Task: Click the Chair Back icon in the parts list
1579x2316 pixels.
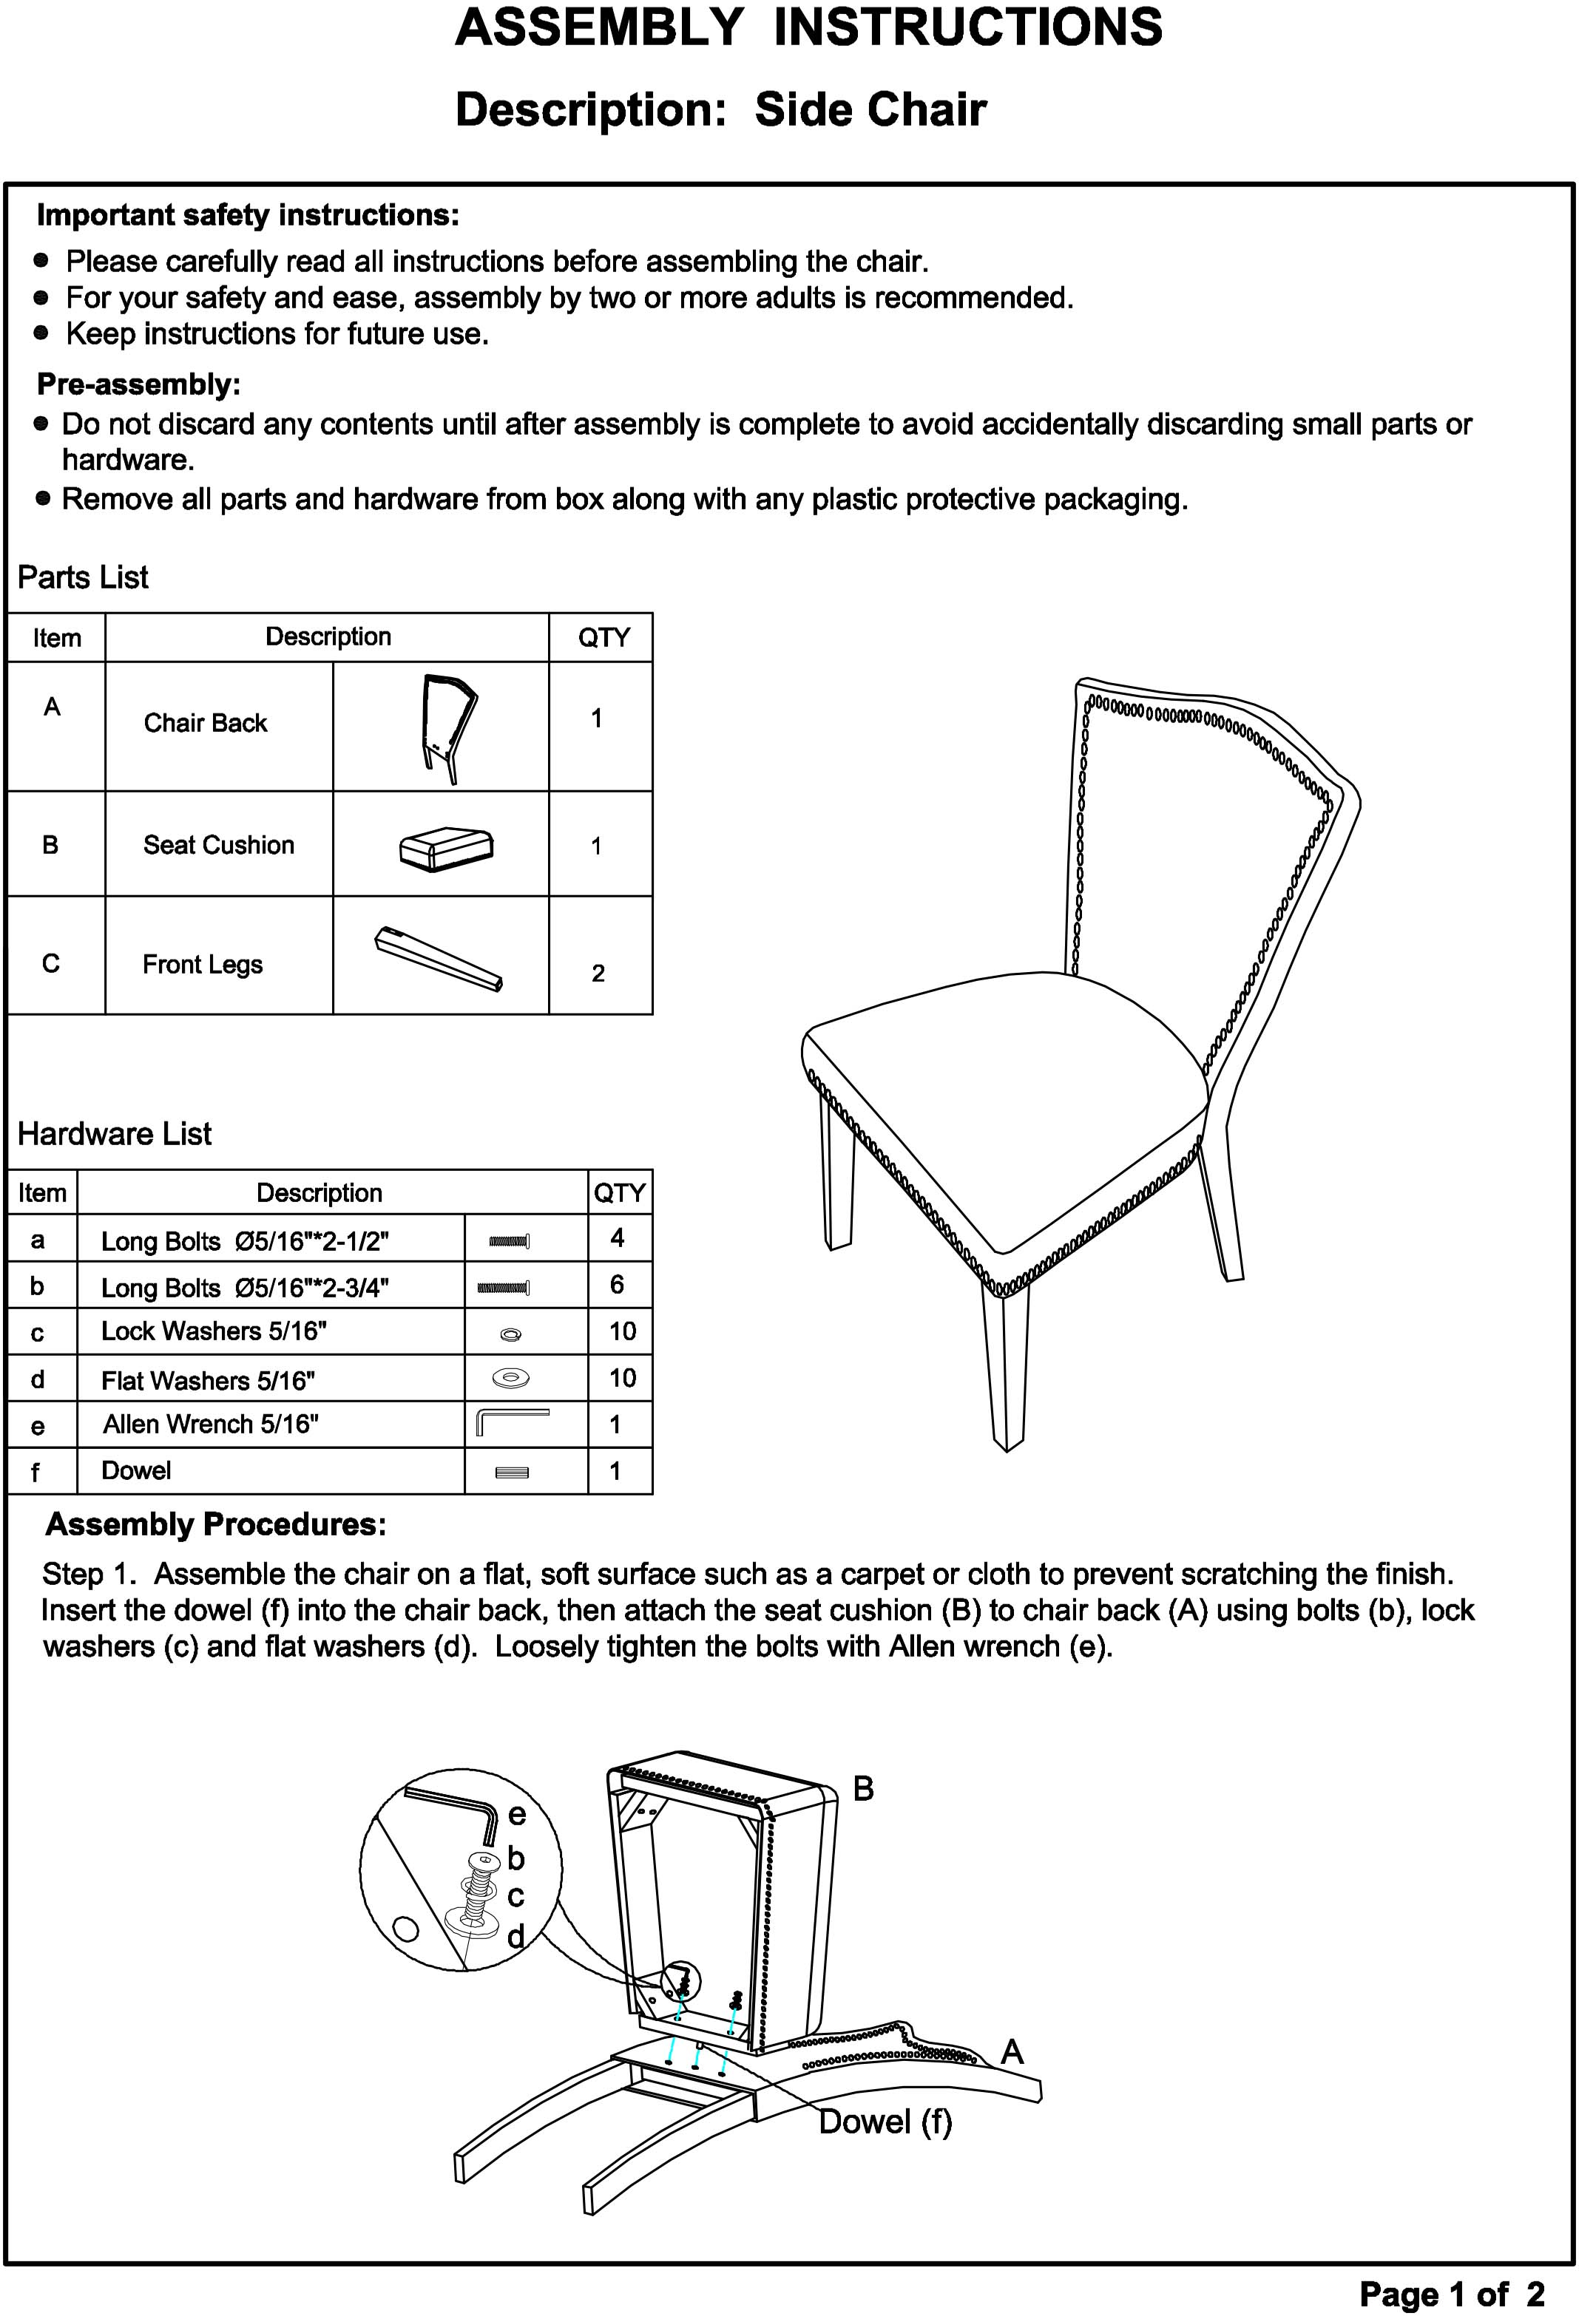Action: (x=445, y=727)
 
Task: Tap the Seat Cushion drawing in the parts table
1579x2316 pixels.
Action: (x=445, y=848)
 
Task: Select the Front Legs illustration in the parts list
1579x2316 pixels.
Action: (x=439, y=960)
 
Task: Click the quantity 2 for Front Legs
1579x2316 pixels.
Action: (x=598, y=973)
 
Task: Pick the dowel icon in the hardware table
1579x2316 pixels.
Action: (x=511, y=1472)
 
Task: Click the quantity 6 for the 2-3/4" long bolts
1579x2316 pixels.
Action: (x=617, y=1285)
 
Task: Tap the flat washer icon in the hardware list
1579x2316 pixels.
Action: (x=511, y=1378)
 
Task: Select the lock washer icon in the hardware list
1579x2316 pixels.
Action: (x=511, y=1334)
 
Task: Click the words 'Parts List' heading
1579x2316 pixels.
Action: (x=83, y=577)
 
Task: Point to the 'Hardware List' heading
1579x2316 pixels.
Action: (x=115, y=1133)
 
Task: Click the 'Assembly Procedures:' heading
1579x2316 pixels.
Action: (x=215, y=1525)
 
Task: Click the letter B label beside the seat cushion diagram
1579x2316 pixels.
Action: (x=863, y=1789)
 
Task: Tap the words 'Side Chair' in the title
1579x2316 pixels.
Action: (x=870, y=109)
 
